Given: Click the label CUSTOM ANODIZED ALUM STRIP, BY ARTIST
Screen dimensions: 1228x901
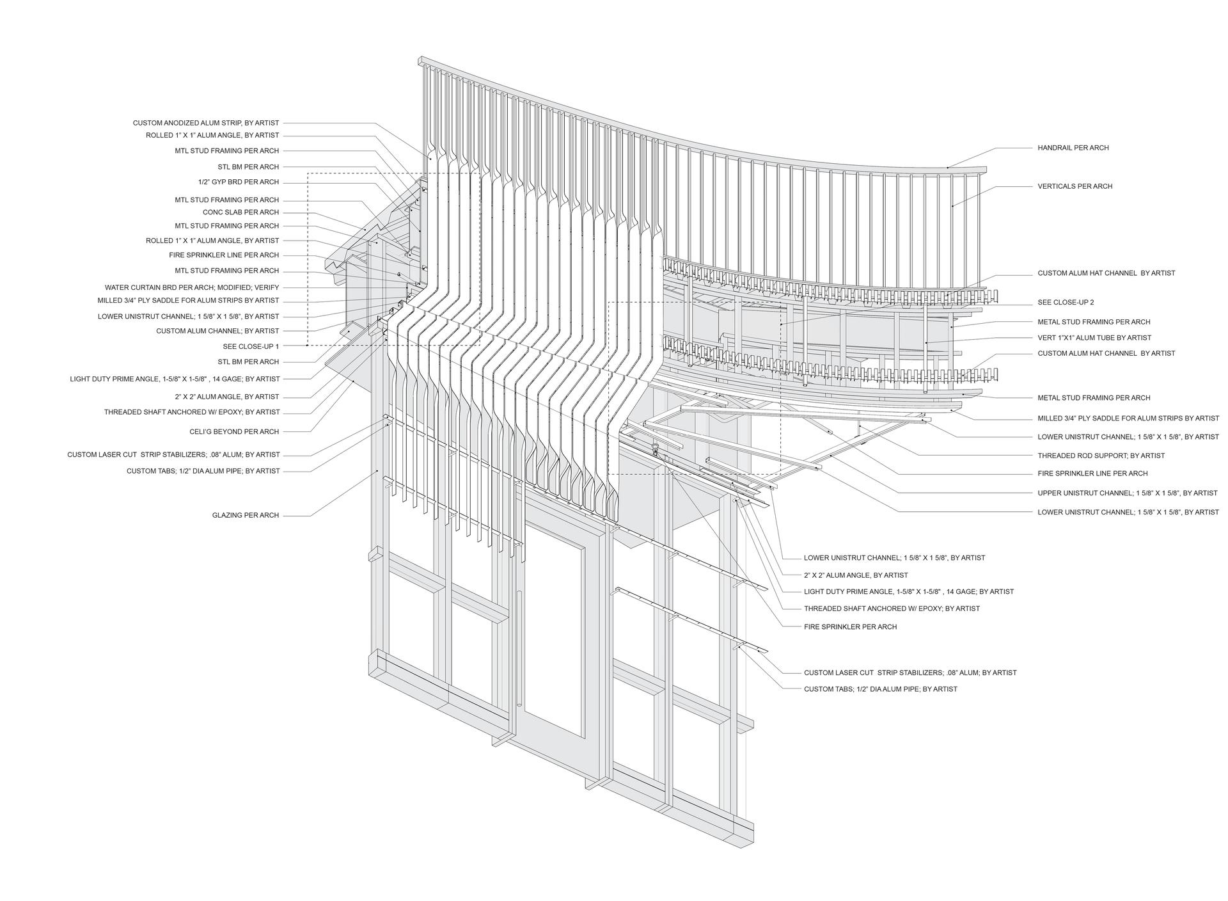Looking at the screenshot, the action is pyautogui.click(x=206, y=123).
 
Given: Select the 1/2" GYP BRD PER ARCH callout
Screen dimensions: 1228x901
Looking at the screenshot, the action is pyautogui.click(x=239, y=182).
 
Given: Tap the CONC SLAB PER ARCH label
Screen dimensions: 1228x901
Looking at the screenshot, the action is pyautogui.click(x=241, y=212).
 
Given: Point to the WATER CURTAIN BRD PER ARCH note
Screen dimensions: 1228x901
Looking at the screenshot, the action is pyautogui.click(x=192, y=287).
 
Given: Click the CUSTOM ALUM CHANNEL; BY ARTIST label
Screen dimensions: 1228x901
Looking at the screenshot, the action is pyautogui.click(x=217, y=331).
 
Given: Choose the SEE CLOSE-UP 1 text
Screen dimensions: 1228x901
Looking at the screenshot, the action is pyautogui.click(x=251, y=346).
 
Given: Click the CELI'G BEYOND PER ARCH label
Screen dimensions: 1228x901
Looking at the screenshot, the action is pyautogui.click(x=234, y=432).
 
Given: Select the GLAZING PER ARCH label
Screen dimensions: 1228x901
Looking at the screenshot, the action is pyautogui.click(x=246, y=515).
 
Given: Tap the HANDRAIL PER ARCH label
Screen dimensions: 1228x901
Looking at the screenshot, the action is pyautogui.click(x=1073, y=148).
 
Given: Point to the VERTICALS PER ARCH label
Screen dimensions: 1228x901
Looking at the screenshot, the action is pyautogui.click(x=1075, y=187).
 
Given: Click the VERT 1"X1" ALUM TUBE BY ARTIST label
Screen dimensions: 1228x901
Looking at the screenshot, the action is pyautogui.click(x=1094, y=338).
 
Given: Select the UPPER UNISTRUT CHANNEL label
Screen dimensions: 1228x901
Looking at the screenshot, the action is pyautogui.click(x=1128, y=493).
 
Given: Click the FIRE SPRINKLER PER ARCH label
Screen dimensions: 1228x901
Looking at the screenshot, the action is pyautogui.click(x=850, y=627).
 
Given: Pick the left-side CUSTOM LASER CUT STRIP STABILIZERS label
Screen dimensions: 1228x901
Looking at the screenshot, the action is pyautogui.click(x=173, y=455).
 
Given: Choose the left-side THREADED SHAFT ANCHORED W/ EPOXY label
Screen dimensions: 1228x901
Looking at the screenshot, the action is pyautogui.click(x=192, y=413).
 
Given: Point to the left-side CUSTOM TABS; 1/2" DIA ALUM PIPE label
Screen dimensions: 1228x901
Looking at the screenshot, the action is pyautogui.click(x=203, y=471).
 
